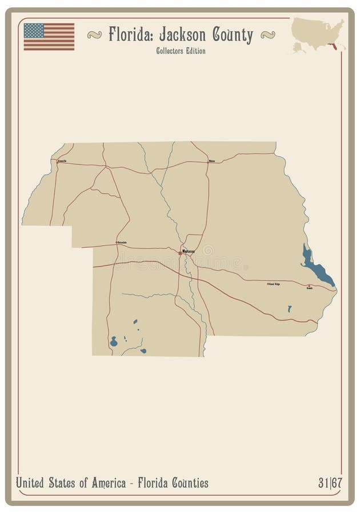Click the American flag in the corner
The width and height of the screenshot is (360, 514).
click(49, 36)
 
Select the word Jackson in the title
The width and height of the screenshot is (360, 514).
click(179, 35)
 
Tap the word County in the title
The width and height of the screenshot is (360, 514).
click(233, 36)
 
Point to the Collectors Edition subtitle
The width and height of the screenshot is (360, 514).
click(180, 51)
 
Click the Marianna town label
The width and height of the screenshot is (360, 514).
click(189, 251)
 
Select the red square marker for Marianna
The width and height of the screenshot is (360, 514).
click(181, 252)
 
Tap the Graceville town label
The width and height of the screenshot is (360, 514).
click(62, 161)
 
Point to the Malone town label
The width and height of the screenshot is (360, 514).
click(211, 162)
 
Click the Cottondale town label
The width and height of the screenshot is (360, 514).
click(122, 242)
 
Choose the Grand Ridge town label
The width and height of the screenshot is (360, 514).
click(274, 284)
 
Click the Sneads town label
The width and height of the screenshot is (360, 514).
click(309, 288)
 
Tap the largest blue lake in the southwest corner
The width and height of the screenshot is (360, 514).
click(114, 343)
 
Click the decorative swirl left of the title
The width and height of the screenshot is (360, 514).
click(94, 35)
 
